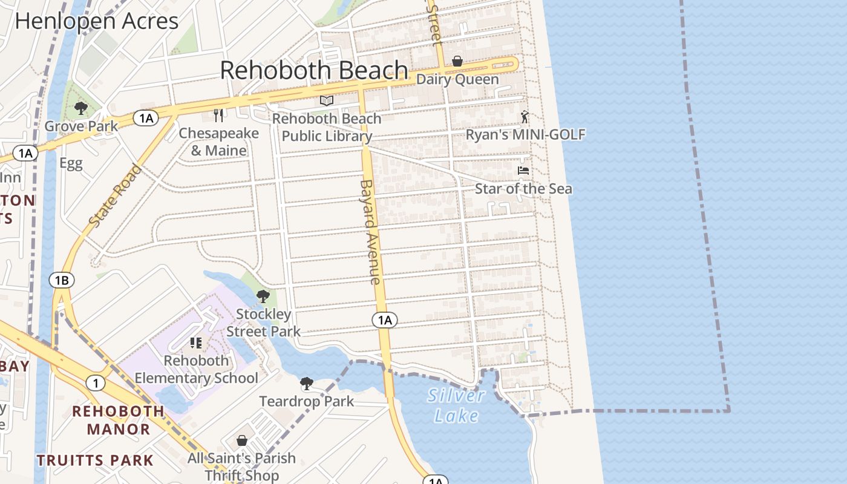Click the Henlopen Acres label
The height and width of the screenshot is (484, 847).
tap(97, 21)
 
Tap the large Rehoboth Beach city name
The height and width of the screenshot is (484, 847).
tap(313, 70)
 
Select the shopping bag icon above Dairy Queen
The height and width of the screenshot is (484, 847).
tap(457, 61)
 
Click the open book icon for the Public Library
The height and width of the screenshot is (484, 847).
tap(327, 100)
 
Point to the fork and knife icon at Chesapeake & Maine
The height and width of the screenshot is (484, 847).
tap(219, 115)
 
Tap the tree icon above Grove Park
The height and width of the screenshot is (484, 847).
tap(80, 108)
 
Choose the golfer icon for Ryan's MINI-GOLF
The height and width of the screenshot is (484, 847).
tap(525, 117)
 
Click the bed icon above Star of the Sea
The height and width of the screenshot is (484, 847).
tap(523, 171)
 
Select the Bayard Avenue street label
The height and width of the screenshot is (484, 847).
tap(370, 232)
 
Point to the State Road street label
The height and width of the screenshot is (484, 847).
tap(115, 196)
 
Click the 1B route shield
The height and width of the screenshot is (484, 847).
tap(62, 280)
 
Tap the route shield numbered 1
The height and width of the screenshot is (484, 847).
tap(95, 382)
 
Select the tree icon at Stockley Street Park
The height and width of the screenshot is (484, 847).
tap(263, 296)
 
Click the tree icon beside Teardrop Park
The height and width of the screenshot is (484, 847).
tap(307, 383)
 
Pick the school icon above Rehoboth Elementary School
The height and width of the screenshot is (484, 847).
tap(196, 343)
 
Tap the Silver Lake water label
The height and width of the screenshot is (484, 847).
tap(456, 405)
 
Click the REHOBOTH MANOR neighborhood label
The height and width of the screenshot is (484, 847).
tap(119, 420)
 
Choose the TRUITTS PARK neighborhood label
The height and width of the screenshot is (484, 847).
tap(95, 460)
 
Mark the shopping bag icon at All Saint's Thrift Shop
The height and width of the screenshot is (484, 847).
tap(242, 440)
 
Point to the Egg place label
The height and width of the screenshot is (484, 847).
tap(71, 163)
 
